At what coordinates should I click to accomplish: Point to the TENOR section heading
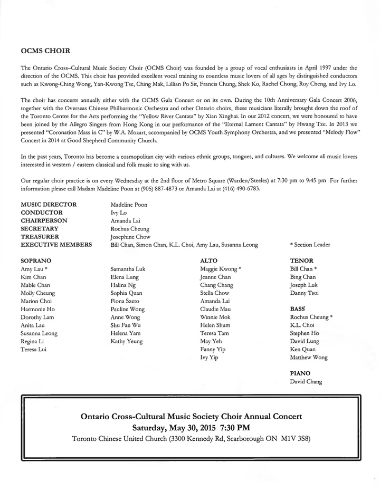(x=302, y=261)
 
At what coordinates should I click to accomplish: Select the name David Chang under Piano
(x=306, y=382)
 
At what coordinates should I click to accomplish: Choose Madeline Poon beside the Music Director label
(x=129, y=204)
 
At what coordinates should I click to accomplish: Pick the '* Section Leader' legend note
(x=310, y=245)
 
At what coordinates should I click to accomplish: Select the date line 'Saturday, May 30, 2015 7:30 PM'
(x=191, y=427)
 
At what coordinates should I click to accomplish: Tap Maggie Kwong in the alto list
(x=221, y=269)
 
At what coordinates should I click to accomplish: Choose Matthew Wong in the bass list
(x=309, y=358)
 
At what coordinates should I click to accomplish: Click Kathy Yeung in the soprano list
(x=127, y=342)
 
